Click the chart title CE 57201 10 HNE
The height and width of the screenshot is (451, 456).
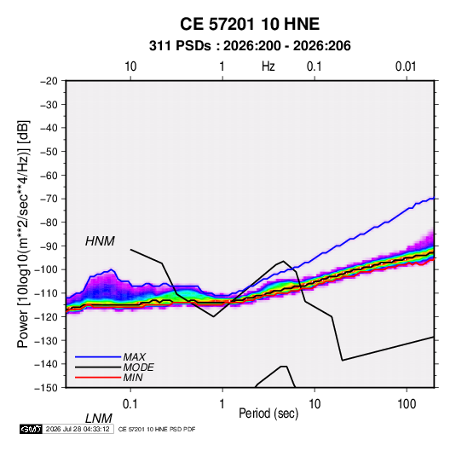point(250,24)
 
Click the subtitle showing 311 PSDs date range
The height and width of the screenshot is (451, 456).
point(250,46)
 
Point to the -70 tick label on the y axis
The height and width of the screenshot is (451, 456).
point(49,199)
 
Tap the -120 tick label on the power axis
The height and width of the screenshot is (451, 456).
point(46,316)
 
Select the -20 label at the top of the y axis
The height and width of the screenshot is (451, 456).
point(49,81)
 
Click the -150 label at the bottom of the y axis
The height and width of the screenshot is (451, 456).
point(46,388)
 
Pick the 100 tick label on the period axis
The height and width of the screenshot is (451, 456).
point(407,404)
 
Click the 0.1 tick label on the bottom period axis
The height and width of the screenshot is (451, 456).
point(130,404)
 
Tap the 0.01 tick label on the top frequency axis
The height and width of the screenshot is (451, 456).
point(406,66)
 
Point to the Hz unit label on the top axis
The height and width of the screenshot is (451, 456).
point(268,66)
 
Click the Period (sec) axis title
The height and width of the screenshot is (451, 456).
point(268,413)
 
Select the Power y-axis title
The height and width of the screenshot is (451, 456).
point(23,234)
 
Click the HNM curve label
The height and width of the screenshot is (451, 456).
point(100,241)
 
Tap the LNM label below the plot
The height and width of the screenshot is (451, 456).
point(98,419)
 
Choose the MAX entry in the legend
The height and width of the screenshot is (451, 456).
point(134,357)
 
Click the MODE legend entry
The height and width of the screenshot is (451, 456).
point(138,367)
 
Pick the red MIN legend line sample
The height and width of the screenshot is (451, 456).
point(98,378)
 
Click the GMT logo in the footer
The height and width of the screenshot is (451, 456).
point(31,429)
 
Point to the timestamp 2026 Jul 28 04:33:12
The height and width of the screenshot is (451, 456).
point(78,429)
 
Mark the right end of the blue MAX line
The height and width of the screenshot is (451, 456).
point(434,198)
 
